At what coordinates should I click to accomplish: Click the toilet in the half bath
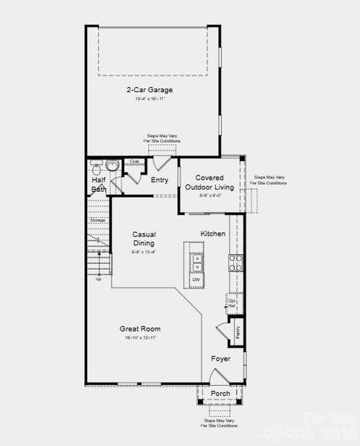[96, 165]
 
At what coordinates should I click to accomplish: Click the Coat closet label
[134, 161]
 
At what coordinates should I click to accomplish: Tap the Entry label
[159, 180]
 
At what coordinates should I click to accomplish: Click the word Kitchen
[213, 233]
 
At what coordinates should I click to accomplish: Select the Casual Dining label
[144, 239]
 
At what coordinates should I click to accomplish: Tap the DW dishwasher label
[196, 279]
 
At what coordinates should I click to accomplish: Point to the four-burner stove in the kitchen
[235, 262]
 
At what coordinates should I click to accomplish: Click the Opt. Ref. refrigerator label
[231, 303]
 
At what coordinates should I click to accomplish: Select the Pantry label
[237, 332]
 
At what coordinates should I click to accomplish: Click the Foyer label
[220, 359]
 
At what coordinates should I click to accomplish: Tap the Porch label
[220, 393]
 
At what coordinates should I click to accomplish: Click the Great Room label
[140, 329]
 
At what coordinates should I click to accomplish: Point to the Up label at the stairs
[98, 279]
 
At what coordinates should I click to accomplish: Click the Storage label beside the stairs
[97, 221]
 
